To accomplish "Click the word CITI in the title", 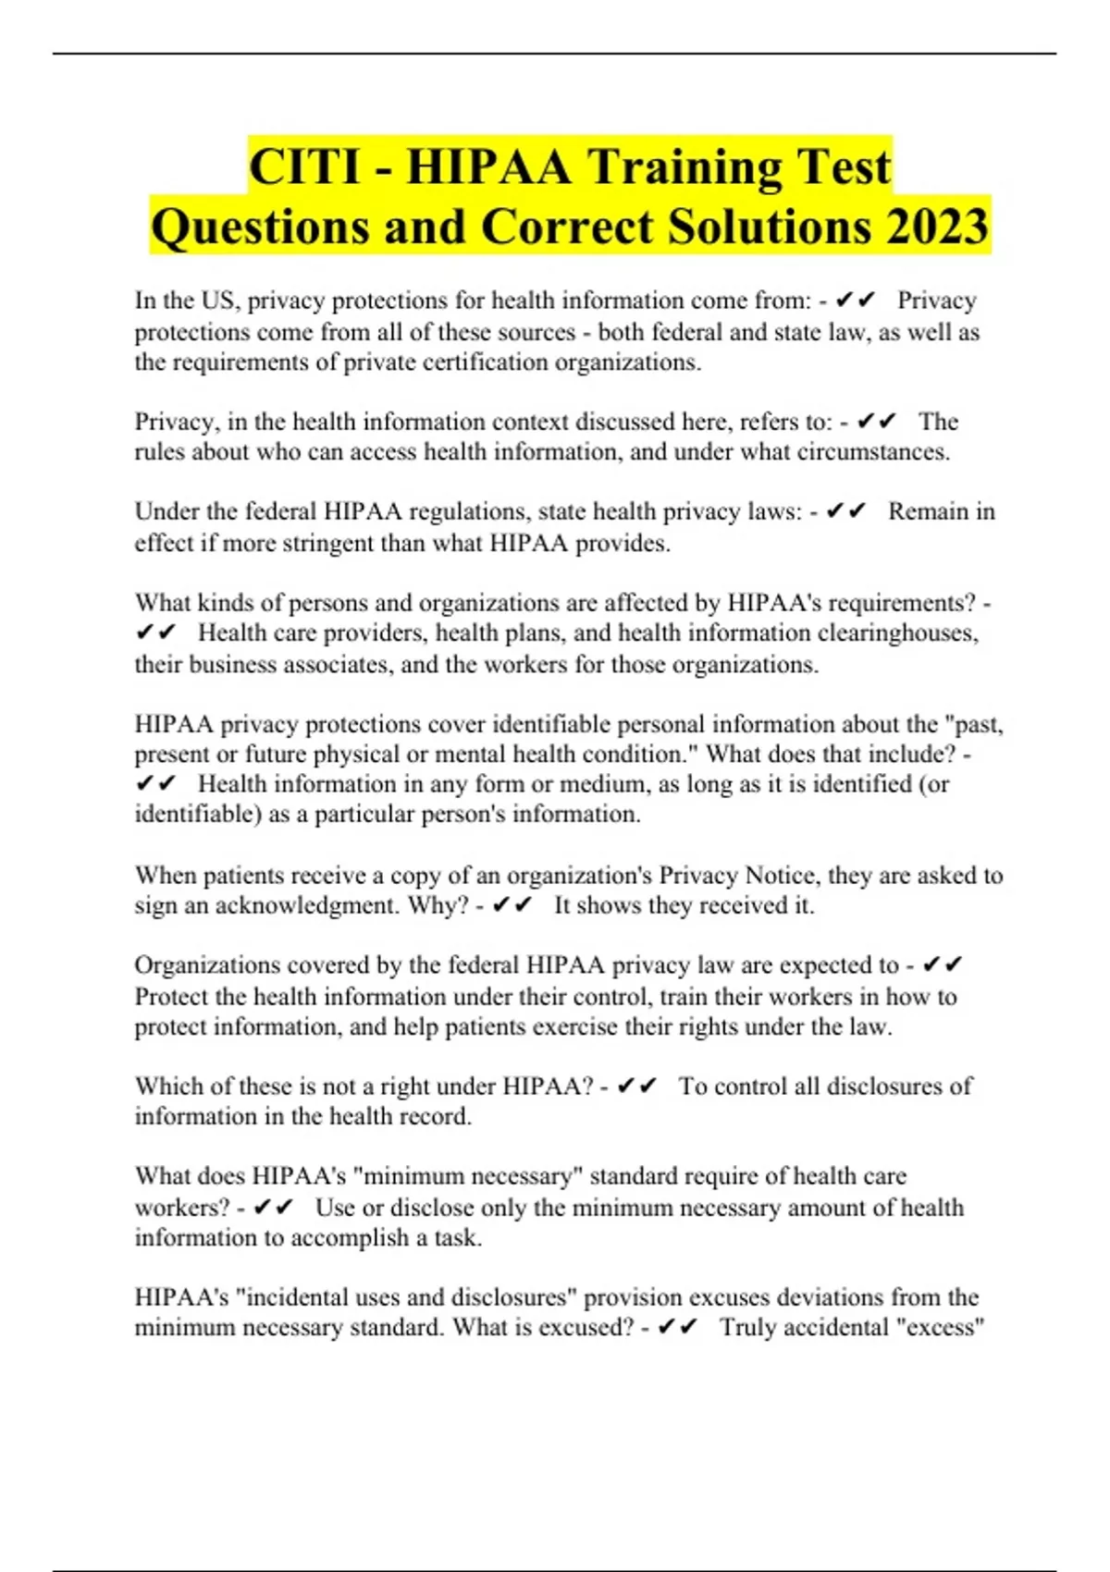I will tap(304, 167).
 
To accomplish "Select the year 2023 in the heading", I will tap(937, 227).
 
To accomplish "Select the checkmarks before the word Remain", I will tap(846, 511).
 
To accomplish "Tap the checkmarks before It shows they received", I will tap(513, 905).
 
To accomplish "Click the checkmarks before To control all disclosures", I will tap(637, 1087).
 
